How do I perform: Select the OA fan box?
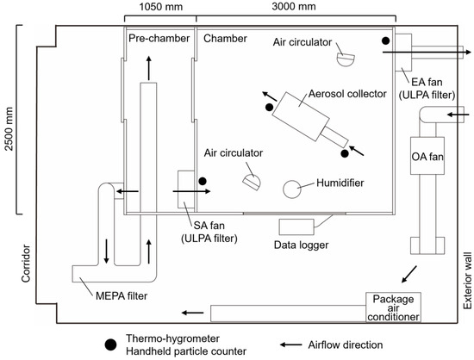pyautogui.click(x=427, y=156)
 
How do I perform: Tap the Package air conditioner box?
pyautogui.click(x=393, y=307)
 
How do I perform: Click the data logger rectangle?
pyautogui.click(x=296, y=227)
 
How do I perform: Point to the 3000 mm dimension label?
pyautogui.click(x=294, y=6)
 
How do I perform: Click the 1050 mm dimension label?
pyautogui.click(x=161, y=6)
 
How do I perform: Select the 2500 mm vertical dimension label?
pyautogui.click(x=9, y=129)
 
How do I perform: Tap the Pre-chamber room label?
pyautogui.click(x=159, y=39)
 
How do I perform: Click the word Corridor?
pyautogui.click(x=26, y=264)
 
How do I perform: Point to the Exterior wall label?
pyautogui.click(x=467, y=281)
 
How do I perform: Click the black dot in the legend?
pyautogui.click(x=110, y=344)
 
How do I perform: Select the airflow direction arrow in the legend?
pyautogui.click(x=290, y=344)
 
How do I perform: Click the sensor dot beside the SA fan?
pyautogui.click(x=203, y=181)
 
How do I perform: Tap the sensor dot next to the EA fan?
pyautogui.click(x=385, y=40)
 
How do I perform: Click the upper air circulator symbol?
pyautogui.click(x=346, y=59)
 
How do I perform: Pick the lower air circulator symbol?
pyautogui.click(x=252, y=183)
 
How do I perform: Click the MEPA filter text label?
pyautogui.click(x=122, y=295)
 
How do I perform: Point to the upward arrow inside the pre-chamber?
pyautogui.click(x=149, y=68)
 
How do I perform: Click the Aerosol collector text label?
pyautogui.click(x=347, y=94)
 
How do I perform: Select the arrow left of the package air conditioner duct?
pyautogui.click(x=192, y=313)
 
